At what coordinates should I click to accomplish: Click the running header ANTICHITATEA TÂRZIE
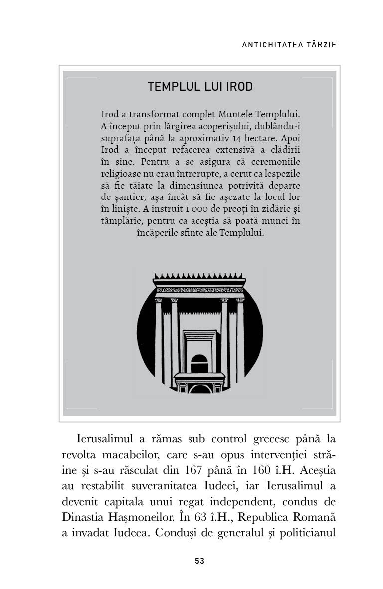coord(289,45)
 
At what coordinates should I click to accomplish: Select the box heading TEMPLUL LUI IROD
coord(200,87)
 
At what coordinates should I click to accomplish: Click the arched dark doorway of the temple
coord(199,363)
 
